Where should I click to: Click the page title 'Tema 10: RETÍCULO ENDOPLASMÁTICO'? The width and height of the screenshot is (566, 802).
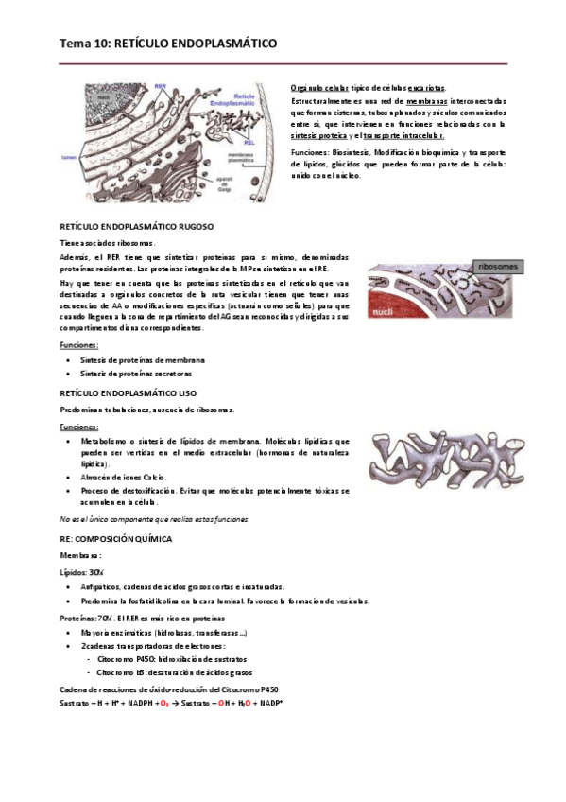168,44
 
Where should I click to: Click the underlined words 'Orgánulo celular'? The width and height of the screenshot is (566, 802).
318,87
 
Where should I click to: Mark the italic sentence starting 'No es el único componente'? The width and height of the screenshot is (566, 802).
154,519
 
